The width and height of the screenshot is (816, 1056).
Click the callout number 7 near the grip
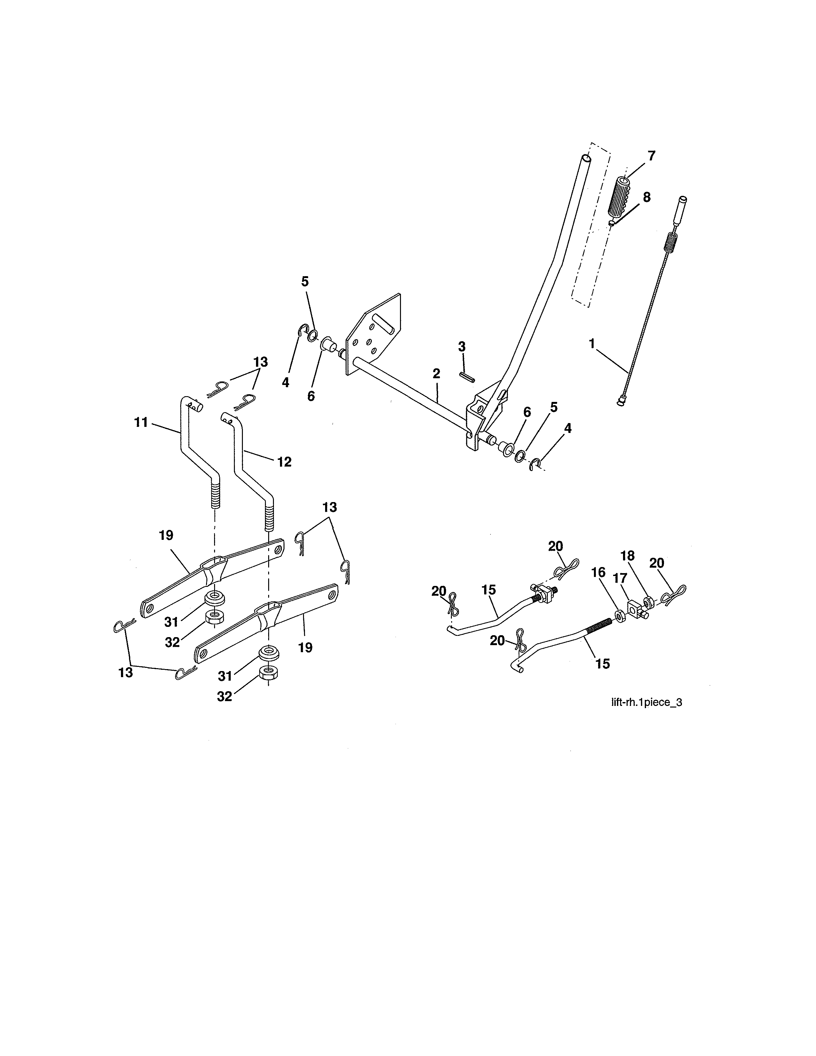pos(651,156)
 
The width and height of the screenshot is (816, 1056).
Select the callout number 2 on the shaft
pos(436,373)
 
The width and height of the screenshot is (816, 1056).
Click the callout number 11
pos(141,422)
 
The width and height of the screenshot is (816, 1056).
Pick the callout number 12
pos(285,462)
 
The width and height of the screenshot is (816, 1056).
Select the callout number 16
pos(598,572)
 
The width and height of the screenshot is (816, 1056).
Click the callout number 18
pos(628,556)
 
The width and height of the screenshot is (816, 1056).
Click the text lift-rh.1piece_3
pos(646,702)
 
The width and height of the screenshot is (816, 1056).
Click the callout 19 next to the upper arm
pos(166,535)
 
